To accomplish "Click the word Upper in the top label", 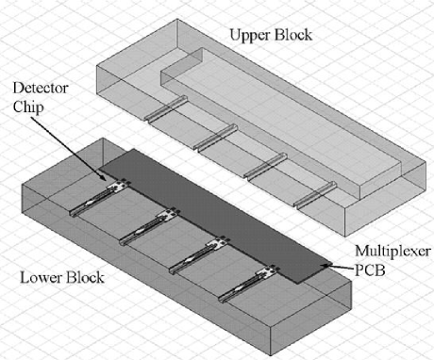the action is coord(250,35).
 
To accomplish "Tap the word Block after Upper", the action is coord(293,34).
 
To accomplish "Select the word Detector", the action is coord(41,88).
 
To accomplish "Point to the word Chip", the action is coord(28,107).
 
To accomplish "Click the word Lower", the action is coord(41,278).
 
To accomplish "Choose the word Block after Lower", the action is coord(85,277).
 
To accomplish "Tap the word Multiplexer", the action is coord(392,252).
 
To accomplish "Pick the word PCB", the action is coord(370,270).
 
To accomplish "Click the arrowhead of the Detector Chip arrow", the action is coord(105,178).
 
